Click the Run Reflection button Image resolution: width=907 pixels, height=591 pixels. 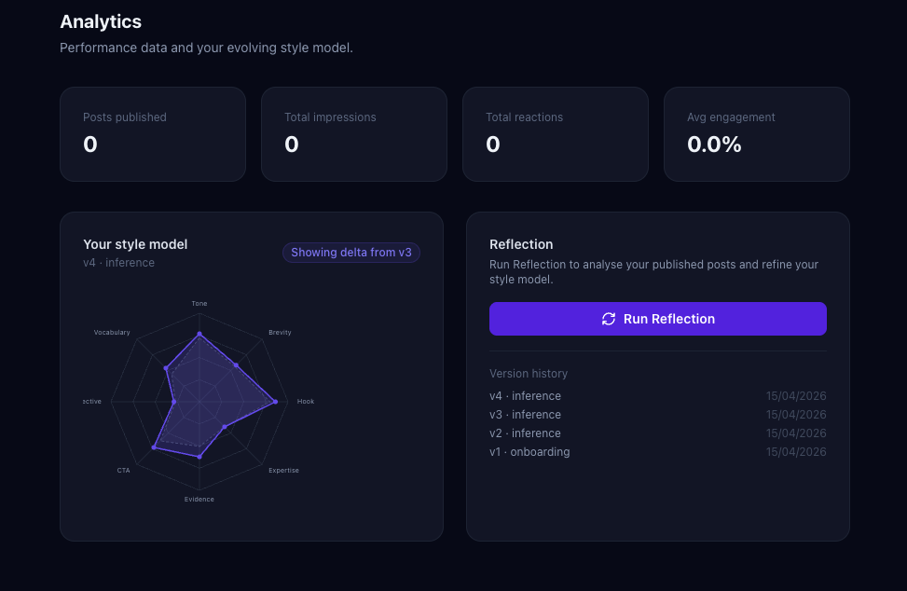tap(657, 319)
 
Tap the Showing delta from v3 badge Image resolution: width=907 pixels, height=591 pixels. tap(351, 253)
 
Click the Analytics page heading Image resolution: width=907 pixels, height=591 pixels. tap(101, 21)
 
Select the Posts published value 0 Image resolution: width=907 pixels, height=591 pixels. tap(90, 144)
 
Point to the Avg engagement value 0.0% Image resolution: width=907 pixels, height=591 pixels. tap(714, 144)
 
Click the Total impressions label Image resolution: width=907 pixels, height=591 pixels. tap(330, 117)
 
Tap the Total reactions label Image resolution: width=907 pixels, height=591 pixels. tap(524, 117)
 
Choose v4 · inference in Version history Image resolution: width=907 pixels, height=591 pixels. tap(525, 396)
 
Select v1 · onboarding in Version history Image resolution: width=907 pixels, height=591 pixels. tap(529, 452)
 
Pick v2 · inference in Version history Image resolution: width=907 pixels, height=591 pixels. tap(525, 433)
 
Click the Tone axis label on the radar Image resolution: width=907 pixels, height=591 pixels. tap(199, 304)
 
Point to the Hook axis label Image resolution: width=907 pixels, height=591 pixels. tap(306, 402)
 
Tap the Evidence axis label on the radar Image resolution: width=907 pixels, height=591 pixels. tap(199, 500)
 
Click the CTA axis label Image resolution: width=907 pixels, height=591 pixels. tap(124, 471)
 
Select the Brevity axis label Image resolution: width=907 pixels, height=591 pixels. tap(280, 333)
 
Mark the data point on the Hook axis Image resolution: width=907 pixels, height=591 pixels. tap(275, 402)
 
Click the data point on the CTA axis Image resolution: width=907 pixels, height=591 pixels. tap(154, 448)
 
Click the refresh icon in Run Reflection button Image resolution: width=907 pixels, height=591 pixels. tap(609, 319)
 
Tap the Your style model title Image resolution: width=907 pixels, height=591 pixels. tap(135, 244)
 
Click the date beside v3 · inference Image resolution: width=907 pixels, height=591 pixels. tap(796, 415)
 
